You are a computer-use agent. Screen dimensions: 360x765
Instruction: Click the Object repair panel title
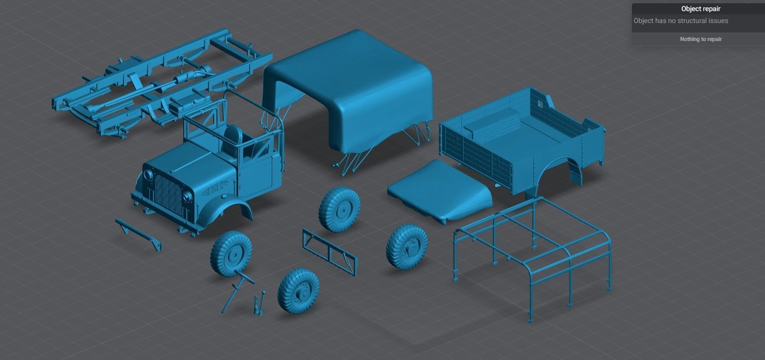pyautogui.click(x=700, y=9)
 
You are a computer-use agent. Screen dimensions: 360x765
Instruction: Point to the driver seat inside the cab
pyautogui.click(x=234, y=135)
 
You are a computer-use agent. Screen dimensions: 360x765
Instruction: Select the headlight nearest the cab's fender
pyautogui.click(x=188, y=197)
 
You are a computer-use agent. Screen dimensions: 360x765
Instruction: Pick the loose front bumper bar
pyautogui.click(x=139, y=233)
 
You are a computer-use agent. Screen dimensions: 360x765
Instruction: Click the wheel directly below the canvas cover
pyautogui.click(x=341, y=209)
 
